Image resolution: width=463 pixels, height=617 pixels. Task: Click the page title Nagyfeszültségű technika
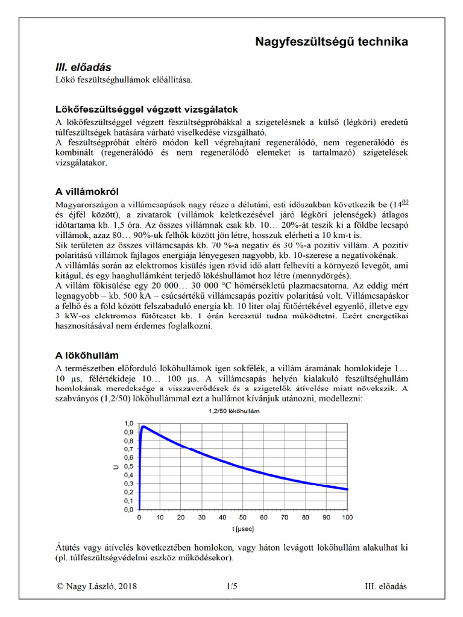point(332,42)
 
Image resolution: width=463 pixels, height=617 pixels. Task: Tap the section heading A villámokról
point(90,192)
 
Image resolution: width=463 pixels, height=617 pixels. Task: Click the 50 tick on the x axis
point(244,517)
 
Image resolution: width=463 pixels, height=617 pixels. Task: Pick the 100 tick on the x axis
point(347,517)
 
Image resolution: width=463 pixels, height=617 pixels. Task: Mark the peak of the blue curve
point(143,427)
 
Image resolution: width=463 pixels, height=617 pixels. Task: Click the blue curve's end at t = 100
point(347,489)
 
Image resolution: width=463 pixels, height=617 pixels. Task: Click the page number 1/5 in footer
point(232,585)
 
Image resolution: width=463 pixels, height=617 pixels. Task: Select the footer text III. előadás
point(386,585)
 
